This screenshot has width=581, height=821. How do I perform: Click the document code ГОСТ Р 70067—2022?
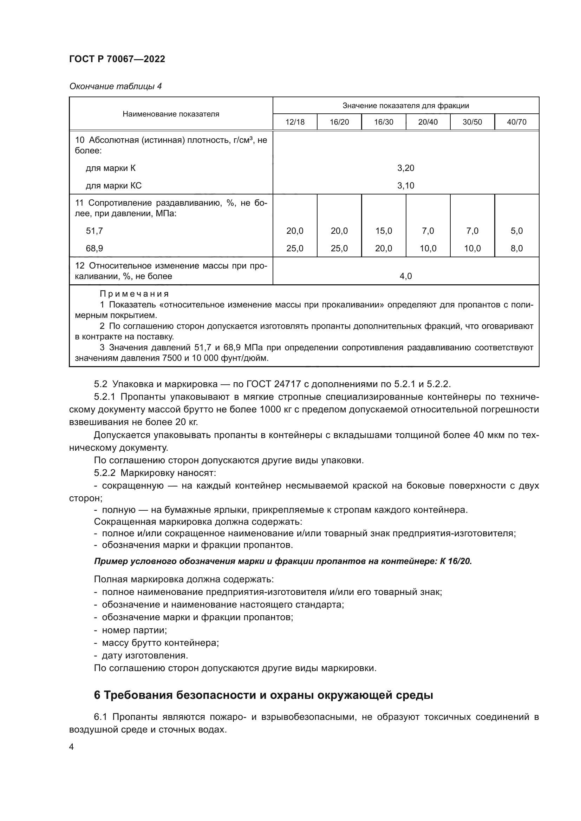[117, 59]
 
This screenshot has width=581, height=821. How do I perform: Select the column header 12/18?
[295, 122]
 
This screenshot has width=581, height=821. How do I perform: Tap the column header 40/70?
[517, 122]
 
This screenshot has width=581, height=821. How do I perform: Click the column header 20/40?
[428, 122]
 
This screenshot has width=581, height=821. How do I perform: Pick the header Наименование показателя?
[171, 114]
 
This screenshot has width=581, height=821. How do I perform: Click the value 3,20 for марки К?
[406, 168]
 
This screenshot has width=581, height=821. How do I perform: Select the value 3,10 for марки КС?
[406, 186]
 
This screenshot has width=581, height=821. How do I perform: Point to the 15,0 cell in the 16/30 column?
[384, 231]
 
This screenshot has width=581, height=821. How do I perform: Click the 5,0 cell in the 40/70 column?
[517, 231]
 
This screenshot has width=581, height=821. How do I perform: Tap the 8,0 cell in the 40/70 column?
[517, 249]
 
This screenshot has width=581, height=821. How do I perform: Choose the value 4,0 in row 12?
[406, 276]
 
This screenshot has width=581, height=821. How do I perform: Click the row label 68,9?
[94, 249]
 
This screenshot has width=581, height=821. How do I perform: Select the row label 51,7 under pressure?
[94, 231]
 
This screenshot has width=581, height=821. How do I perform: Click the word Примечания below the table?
[134, 294]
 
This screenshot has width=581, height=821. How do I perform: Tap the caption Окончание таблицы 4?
[115, 86]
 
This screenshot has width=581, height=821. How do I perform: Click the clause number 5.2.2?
[104, 473]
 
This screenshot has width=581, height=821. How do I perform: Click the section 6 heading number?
[97, 695]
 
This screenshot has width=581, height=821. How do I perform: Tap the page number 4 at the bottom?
[71, 747]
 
